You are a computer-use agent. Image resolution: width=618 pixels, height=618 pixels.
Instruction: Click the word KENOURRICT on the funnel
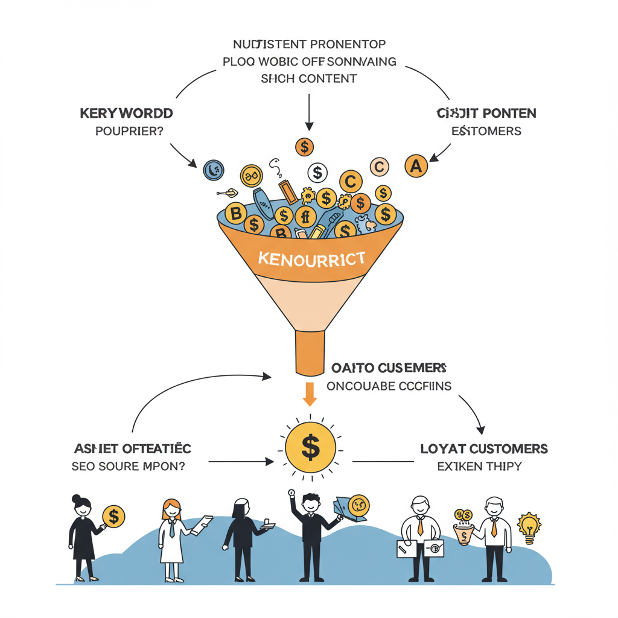tap(311, 260)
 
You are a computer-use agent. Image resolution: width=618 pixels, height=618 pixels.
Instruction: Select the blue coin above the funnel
tap(213, 170)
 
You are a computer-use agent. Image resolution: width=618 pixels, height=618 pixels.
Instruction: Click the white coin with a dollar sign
tap(317, 173)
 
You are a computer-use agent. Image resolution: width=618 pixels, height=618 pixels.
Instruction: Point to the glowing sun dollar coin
tap(310, 447)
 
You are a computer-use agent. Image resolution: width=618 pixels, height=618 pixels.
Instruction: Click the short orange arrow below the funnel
tap(310, 393)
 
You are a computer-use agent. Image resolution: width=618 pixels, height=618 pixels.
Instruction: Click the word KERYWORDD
tap(126, 113)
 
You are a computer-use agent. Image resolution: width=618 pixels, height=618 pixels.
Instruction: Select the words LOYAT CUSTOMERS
tap(483, 449)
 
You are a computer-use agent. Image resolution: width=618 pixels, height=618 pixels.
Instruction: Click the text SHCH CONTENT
tap(308, 78)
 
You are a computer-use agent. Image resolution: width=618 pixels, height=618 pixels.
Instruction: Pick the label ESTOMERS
tap(486, 130)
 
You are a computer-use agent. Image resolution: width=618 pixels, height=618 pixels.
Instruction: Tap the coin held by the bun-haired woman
tap(113, 517)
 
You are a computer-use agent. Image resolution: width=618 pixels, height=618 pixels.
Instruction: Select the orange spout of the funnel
tap(310, 353)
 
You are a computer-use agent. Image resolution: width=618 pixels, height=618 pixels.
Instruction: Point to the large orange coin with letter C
tap(351, 181)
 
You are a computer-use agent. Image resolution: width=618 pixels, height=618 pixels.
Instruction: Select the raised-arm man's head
tap(310, 503)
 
